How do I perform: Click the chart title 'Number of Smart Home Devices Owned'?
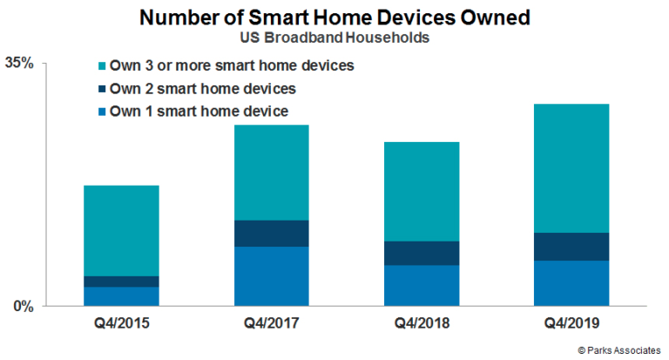point(334,18)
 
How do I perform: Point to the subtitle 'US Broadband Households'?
point(334,39)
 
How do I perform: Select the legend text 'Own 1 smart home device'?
point(199,111)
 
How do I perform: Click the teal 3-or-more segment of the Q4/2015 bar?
point(121,230)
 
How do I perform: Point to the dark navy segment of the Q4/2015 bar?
point(121,281)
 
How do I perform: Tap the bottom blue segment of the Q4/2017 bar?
point(272,276)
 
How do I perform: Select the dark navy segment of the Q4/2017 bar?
point(272,233)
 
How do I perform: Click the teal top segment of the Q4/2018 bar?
point(422,191)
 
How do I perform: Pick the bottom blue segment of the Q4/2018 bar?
point(422,285)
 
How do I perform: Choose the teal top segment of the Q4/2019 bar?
point(573,168)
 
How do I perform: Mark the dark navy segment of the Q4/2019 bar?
point(573,247)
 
